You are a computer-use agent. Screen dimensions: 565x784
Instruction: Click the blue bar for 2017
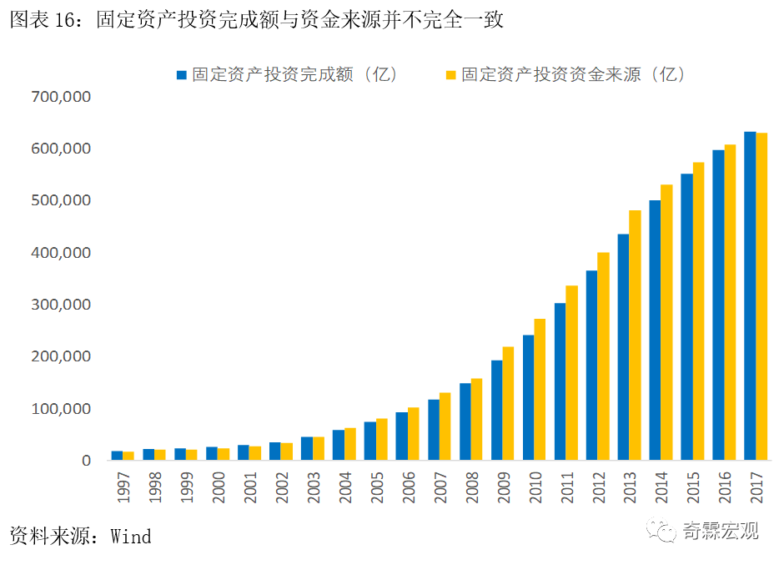tap(750, 296)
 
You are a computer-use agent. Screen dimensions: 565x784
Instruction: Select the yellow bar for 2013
tap(635, 335)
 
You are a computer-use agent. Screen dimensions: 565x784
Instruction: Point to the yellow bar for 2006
tap(413, 434)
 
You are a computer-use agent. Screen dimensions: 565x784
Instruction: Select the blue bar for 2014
tap(655, 330)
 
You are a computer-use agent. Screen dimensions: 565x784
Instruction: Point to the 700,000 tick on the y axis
tap(60, 97)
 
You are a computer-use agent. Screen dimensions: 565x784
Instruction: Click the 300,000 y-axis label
tap(60, 305)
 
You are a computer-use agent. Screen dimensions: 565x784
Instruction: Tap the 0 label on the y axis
tap(86, 461)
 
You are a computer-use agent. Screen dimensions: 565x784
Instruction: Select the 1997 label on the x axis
tap(123, 485)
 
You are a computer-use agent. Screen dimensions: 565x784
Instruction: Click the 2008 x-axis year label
tap(471, 485)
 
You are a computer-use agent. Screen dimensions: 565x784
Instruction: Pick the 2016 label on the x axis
tap(725, 485)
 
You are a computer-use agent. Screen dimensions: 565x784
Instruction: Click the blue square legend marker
tap(181, 75)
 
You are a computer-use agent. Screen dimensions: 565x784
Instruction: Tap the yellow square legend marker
tap(450, 75)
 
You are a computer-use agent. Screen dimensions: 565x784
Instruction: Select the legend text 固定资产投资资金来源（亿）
tap(574, 74)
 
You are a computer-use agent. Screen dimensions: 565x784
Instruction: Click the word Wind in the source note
tap(131, 536)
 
